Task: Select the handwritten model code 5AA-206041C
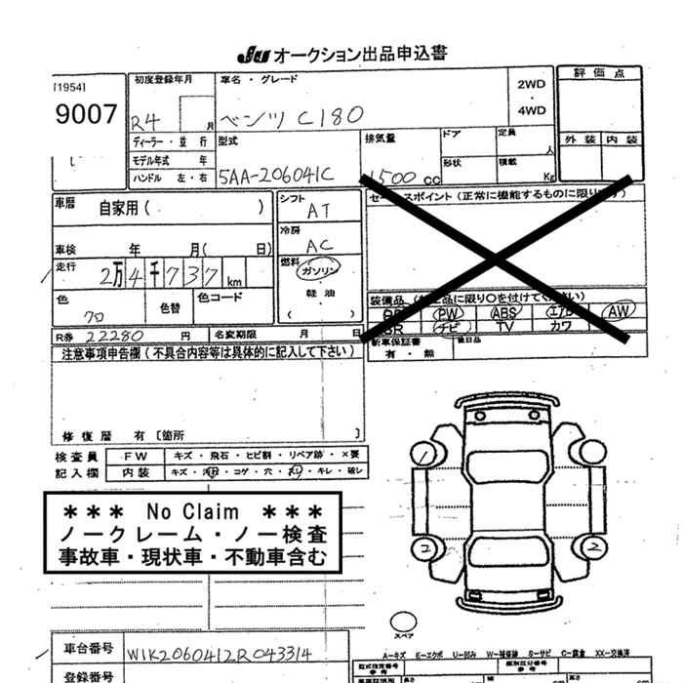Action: [276, 175]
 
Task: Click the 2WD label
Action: [532, 84]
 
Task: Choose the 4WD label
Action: [532, 110]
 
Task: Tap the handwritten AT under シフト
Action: [319, 211]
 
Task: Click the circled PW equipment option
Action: [449, 313]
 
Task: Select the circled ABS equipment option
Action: [504, 313]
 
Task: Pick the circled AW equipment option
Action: [617, 312]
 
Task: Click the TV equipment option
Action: [504, 328]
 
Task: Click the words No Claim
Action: [192, 511]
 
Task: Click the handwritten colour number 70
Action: [95, 316]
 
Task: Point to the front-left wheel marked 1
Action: [423, 453]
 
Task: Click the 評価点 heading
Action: [598, 74]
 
